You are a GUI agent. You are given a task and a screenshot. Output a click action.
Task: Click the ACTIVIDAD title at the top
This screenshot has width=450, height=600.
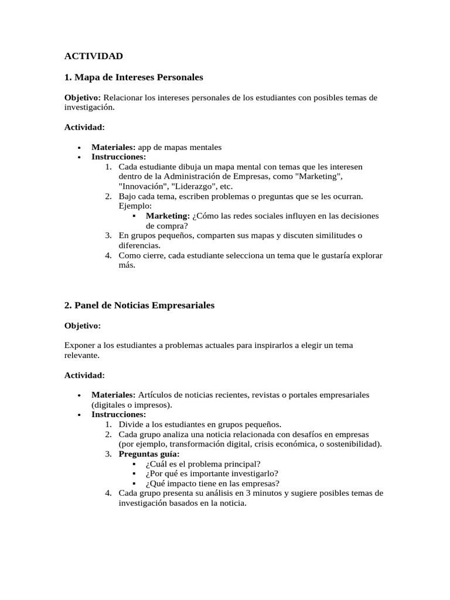pyautogui.click(x=94, y=56)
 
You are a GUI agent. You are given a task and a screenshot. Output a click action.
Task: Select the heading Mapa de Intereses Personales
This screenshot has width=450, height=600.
pyautogui.click(x=134, y=77)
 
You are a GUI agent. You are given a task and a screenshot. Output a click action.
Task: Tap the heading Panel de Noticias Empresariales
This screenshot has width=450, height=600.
pyautogui.click(x=139, y=305)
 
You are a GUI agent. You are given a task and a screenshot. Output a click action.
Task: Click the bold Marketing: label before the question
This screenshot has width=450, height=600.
pyautogui.click(x=168, y=216)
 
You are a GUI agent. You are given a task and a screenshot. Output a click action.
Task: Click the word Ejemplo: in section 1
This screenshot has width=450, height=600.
pyautogui.click(x=135, y=206)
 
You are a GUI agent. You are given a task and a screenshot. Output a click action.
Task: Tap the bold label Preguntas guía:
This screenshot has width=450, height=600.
pyautogui.click(x=149, y=454)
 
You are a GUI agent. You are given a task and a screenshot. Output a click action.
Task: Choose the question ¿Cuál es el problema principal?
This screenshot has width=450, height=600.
pyautogui.click(x=203, y=463)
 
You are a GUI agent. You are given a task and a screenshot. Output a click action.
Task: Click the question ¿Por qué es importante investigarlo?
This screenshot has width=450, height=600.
pyautogui.click(x=212, y=473)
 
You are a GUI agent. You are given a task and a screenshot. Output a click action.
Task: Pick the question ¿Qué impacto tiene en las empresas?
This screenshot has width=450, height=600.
pyautogui.click(x=212, y=483)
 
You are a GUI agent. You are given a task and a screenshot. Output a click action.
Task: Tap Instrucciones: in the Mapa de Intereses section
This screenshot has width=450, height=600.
pyautogui.click(x=119, y=156)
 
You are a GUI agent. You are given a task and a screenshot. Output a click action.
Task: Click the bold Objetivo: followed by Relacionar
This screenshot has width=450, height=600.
pyautogui.click(x=83, y=97)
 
